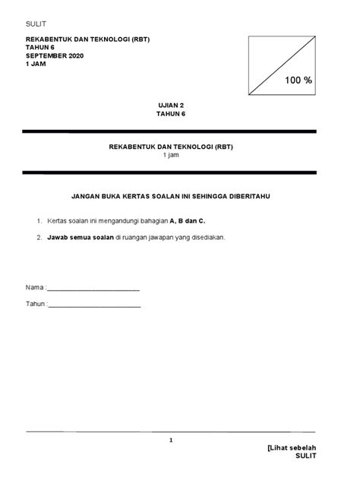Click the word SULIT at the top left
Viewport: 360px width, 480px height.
[36, 24]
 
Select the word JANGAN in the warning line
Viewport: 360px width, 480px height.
[87, 196]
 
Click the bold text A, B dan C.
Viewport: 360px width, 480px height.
[187, 220]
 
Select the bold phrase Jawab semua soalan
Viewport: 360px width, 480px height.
[81, 237]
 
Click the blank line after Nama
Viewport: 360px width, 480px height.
[94, 289]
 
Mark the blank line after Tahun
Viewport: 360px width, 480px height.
[95, 305]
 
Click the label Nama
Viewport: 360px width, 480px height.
[34, 288]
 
